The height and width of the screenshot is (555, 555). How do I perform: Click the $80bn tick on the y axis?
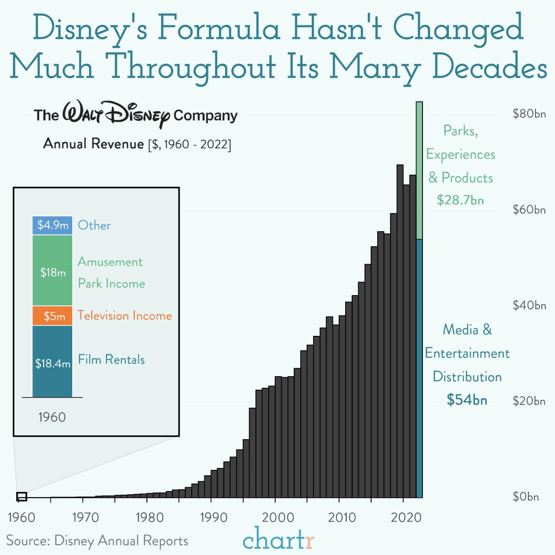click(529, 114)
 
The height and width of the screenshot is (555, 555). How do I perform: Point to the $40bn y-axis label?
click(529, 305)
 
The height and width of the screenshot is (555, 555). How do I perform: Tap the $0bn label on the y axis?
click(526, 497)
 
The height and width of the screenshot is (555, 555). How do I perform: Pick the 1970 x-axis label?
click(85, 517)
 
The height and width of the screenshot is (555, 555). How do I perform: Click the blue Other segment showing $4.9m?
click(52, 226)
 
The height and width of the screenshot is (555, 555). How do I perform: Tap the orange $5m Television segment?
click(52, 316)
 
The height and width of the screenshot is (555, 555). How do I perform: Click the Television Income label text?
click(125, 315)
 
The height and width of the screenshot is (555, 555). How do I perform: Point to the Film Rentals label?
click(111, 359)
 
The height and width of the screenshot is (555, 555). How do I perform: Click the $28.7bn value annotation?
click(460, 200)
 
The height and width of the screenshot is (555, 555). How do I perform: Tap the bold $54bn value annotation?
click(467, 400)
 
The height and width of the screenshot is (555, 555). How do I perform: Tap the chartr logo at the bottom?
click(278, 539)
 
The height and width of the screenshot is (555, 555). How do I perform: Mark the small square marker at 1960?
click(22, 497)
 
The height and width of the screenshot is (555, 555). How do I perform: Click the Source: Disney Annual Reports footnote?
click(97, 541)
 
